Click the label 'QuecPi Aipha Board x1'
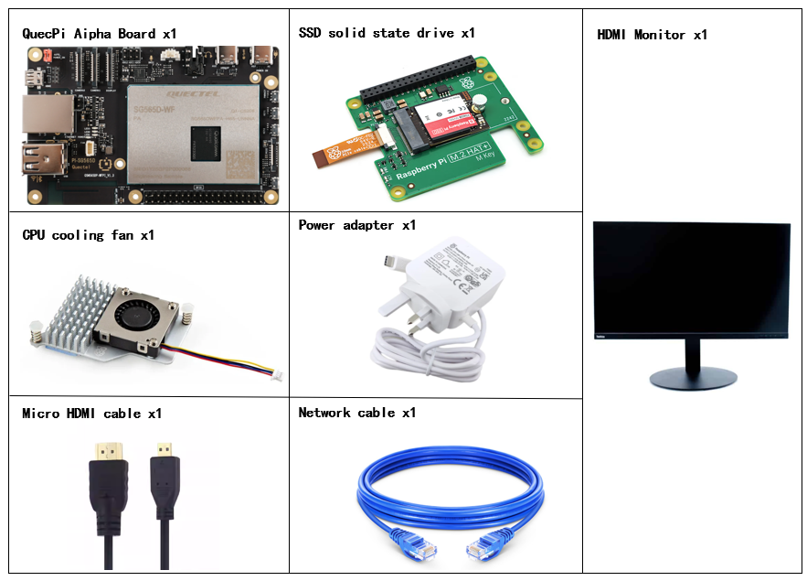(x=99, y=34)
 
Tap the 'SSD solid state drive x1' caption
(x=387, y=33)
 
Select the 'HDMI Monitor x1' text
(x=652, y=35)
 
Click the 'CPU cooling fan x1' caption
(x=88, y=235)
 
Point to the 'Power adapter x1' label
(x=357, y=225)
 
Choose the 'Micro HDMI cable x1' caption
(x=93, y=414)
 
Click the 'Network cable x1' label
(x=357, y=413)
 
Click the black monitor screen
(x=691, y=278)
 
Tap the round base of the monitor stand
(x=692, y=377)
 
